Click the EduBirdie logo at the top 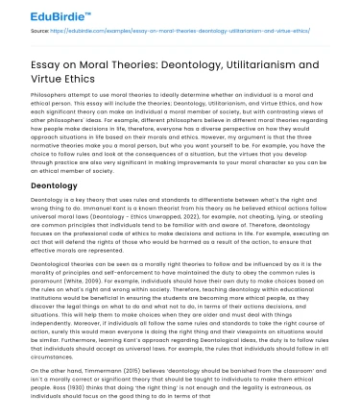point(40,16)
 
